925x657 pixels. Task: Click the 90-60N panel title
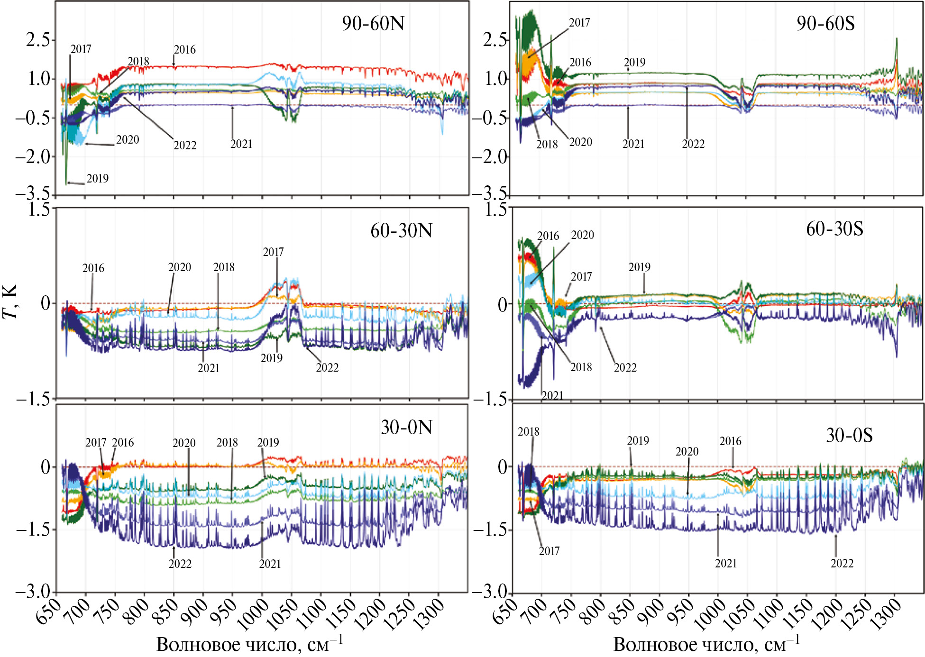pyautogui.click(x=373, y=23)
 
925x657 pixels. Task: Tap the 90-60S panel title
pyautogui.click(x=825, y=23)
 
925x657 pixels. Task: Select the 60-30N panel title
pyautogui.click(x=401, y=231)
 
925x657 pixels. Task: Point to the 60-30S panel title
pyautogui.click(x=834, y=229)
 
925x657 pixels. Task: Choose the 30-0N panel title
pyautogui.click(x=406, y=428)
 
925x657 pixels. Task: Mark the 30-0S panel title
pyautogui.click(x=849, y=435)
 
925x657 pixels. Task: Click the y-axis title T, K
pyautogui.click(x=10, y=301)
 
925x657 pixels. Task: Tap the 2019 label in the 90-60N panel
pyautogui.click(x=97, y=179)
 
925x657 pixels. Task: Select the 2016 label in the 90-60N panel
pyautogui.click(x=184, y=50)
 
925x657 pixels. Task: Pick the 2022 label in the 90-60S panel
pyautogui.click(x=693, y=144)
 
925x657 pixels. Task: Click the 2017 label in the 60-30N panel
pyautogui.click(x=273, y=252)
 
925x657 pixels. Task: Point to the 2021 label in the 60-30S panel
pyautogui.click(x=552, y=395)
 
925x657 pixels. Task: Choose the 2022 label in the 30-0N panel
pyautogui.click(x=180, y=564)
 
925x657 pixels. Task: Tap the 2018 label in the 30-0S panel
pyautogui.click(x=528, y=432)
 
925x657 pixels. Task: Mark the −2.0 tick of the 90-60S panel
pyautogui.click(x=490, y=157)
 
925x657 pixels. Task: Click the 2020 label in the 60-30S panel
pyautogui.click(x=582, y=235)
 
